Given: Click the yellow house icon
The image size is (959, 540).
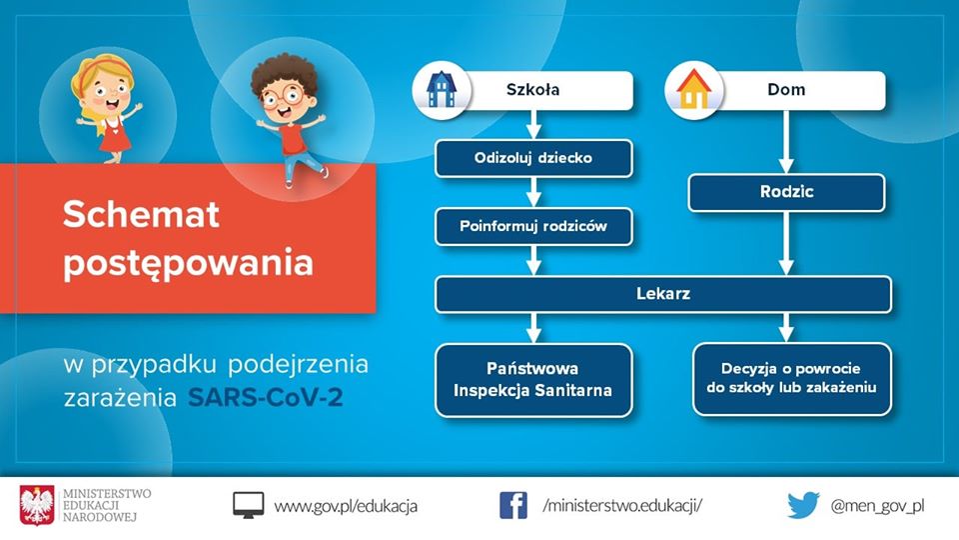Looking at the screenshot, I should (691, 90).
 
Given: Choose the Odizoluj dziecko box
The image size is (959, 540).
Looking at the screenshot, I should (533, 158).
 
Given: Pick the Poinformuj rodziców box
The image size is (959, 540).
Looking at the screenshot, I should (533, 226).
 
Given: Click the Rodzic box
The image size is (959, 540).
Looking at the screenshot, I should (786, 192).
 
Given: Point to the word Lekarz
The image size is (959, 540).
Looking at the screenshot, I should (662, 294).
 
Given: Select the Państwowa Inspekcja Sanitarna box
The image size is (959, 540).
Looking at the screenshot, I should (533, 379).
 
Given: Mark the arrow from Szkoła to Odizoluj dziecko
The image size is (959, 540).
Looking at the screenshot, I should (533, 124).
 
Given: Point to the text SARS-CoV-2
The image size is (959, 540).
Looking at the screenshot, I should (270, 398).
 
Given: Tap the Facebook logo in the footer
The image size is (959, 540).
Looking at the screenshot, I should (513, 505).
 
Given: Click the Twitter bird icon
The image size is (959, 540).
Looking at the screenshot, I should (802, 505).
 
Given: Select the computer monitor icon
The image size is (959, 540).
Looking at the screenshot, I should (249, 505).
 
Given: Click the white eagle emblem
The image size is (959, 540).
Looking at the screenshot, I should (37, 504).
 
